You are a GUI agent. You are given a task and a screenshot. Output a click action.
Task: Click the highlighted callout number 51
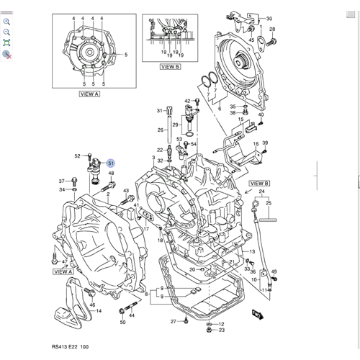point(111,163)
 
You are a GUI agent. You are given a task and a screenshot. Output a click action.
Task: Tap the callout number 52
point(77,156)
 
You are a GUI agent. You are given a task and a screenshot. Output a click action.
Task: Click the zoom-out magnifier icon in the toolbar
point(6,32)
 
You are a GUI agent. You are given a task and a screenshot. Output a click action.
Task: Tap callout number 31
point(160,111)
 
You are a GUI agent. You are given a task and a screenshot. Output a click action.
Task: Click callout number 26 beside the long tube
point(160,130)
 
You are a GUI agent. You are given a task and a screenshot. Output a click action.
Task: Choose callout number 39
point(265,143)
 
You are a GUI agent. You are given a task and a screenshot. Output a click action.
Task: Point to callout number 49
point(274,271)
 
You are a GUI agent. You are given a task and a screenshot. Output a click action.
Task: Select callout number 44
point(132,315)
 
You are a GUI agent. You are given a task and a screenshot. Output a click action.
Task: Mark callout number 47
point(64,262)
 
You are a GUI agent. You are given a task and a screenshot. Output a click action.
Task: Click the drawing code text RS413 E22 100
point(70,347)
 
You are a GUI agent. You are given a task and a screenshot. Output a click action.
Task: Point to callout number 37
point(62,181)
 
